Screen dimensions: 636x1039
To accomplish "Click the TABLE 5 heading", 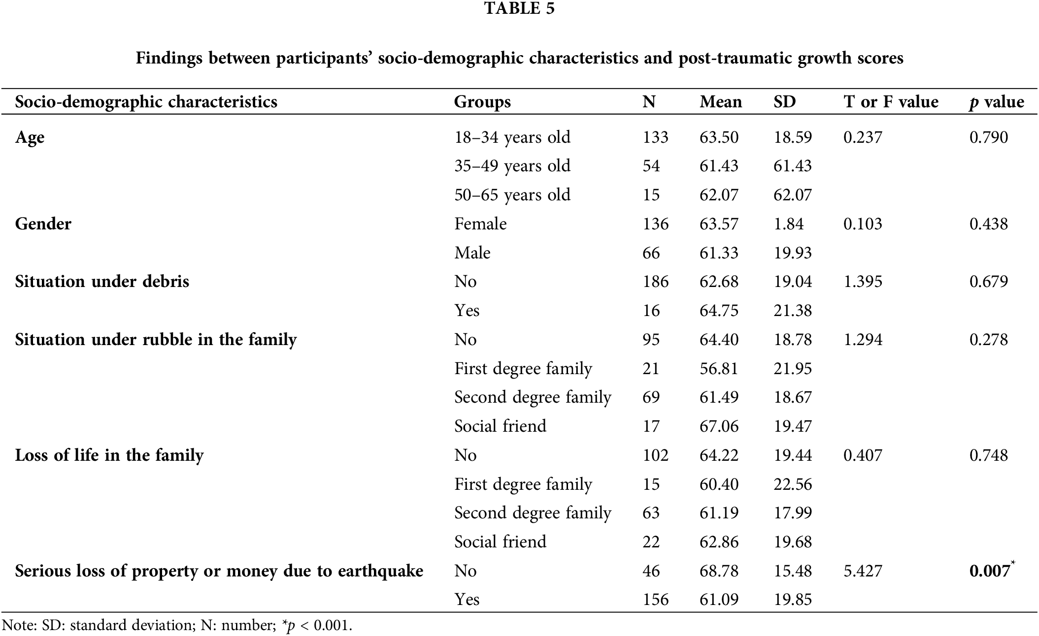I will (519, 8).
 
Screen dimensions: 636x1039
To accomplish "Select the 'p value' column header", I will (996, 102).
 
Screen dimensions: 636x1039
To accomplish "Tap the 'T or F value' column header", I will (891, 102).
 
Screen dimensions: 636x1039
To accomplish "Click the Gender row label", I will (43, 224).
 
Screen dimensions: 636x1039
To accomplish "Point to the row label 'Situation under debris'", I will (102, 282).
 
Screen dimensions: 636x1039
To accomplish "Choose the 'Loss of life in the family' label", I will (109, 455).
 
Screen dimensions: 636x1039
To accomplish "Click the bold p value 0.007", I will (989, 571).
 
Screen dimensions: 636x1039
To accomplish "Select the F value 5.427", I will (863, 571).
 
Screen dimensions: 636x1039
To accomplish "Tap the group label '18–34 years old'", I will (512, 137).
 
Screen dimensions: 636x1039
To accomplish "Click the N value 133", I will (655, 137).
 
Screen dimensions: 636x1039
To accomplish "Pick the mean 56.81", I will (719, 369).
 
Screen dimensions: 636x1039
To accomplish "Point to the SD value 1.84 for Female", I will (788, 224).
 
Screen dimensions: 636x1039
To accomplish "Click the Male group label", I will (472, 253).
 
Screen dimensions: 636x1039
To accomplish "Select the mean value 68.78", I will (719, 571).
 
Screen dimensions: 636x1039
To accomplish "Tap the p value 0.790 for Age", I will (988, 137).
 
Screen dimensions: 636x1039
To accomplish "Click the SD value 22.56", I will (792, 484).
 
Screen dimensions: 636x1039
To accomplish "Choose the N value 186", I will (655, 282).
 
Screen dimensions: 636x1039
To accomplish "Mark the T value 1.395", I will (863, 282).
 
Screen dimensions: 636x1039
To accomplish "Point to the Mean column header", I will (721, 102).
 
